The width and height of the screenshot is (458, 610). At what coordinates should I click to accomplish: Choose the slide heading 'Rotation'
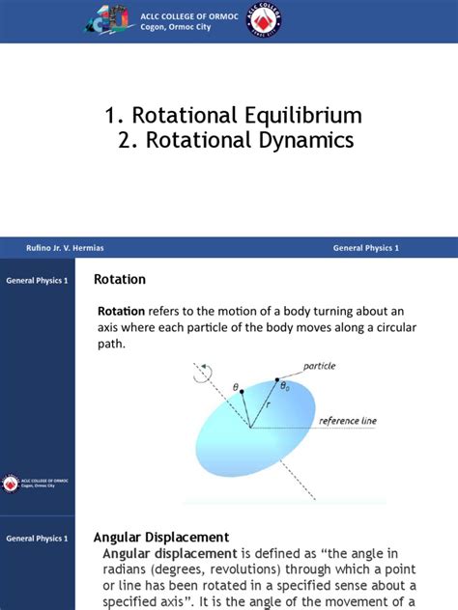[x=119, y=280]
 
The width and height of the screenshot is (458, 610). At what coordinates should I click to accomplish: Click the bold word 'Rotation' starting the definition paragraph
[x=122, y=311]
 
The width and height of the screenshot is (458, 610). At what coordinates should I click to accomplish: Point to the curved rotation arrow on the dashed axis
[x=200, y=378]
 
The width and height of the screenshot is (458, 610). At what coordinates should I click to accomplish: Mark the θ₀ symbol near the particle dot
[x=284, y=386]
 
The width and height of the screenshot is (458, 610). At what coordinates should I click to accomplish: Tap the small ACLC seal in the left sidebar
[x=12, y=482]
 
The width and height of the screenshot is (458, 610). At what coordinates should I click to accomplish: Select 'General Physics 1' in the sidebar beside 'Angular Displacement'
[x=37, y=537]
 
